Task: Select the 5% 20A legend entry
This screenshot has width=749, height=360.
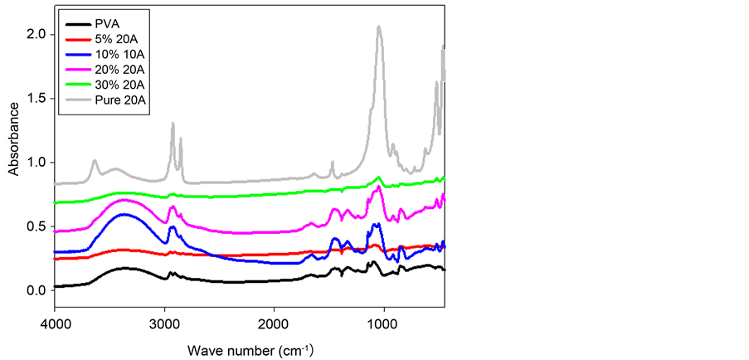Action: click(x=117, y=38)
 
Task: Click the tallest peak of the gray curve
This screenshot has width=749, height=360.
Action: click(x=379, y=27)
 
